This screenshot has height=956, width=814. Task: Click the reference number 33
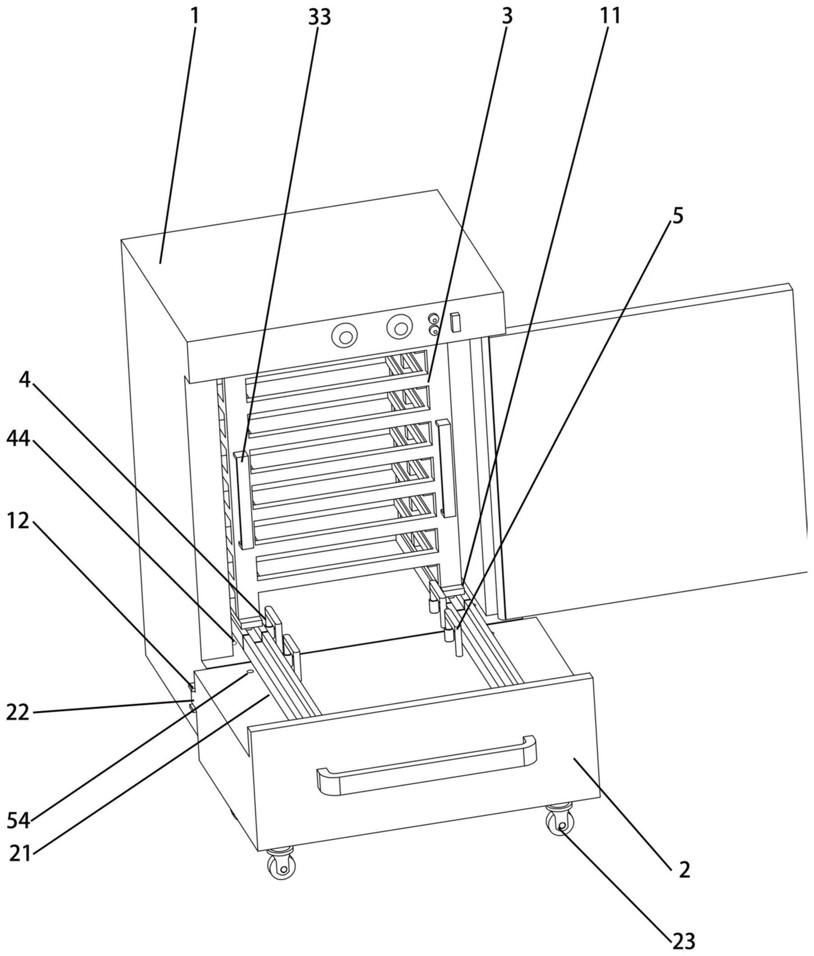coord(319,18)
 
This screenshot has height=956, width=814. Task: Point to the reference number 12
coord(18,521)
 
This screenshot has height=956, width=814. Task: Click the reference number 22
coord(18,714)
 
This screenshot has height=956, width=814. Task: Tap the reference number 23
coord(683,941)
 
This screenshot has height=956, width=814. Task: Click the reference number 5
coord(677,216)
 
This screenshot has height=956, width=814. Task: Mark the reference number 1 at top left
coord(195,17)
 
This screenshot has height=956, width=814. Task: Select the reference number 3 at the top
coord(507,17)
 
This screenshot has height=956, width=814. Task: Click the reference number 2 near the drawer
coord(684,870)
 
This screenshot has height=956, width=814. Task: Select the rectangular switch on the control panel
coord(456,322)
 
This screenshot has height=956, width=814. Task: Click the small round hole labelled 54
coord(250,672)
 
